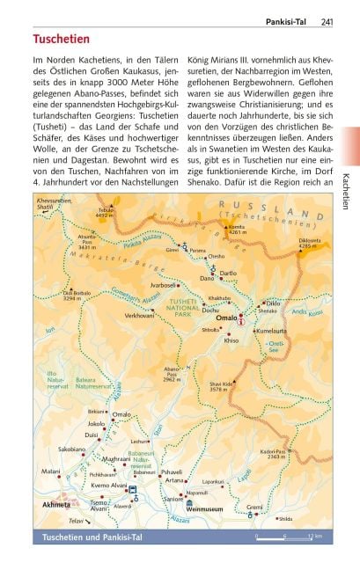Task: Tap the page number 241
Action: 327,21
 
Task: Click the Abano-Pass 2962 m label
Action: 173,376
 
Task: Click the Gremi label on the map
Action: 254,507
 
